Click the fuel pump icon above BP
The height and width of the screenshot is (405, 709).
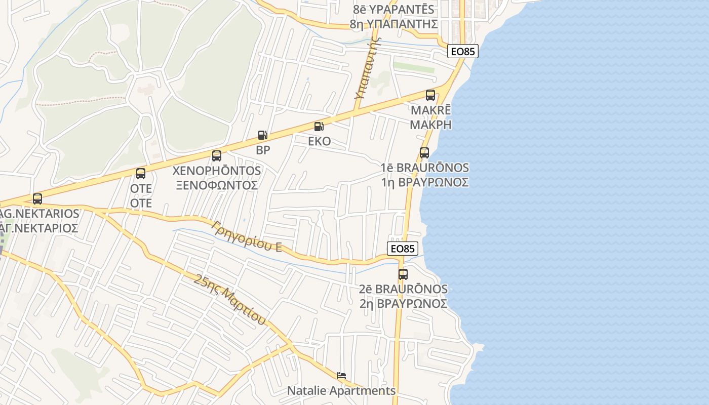[262, 135]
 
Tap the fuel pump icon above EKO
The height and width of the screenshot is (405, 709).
[319, 127]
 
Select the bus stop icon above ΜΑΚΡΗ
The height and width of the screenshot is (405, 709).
[430, 95]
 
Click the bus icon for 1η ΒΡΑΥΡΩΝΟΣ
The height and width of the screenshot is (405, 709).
[424, 152]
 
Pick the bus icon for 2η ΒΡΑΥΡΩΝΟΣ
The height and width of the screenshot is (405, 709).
[403, 274]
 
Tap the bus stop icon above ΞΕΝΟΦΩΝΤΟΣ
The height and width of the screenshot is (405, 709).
[217, 156]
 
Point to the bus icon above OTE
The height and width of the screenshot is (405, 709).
[141, 174]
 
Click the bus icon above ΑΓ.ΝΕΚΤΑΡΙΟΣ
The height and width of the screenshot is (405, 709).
[37, 199]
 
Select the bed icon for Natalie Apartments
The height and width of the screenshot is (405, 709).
[341, 376]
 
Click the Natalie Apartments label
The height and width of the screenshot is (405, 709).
[341, 391]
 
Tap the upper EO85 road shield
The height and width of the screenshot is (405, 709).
[463, 52]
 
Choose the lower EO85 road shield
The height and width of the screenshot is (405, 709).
[403, 249]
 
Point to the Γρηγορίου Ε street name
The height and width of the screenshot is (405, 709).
[247, 236]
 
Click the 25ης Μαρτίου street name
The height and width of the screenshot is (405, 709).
[230, 299]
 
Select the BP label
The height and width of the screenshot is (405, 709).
[263, 150]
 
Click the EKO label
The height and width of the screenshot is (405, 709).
[319, 141]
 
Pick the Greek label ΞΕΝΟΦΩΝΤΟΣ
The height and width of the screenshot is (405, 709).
[217, 185]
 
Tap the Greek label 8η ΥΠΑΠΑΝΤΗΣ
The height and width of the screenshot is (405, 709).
[393, 24]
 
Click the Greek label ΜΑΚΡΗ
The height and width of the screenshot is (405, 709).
[430, 125]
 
